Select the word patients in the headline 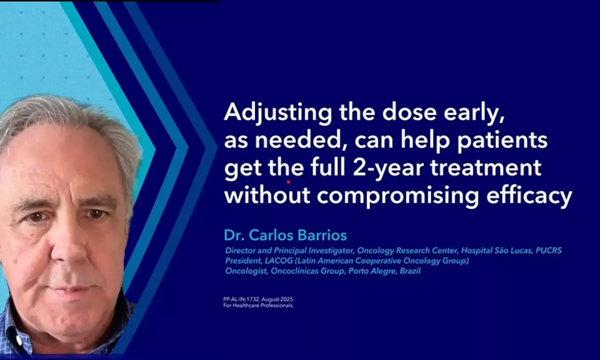(x=502, y=141)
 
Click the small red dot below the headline (x=288, y=182)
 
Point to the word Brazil (x=410, y=271)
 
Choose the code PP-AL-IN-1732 (x=241, y=300)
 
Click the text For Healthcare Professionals (x=258, y=305)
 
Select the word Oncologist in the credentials (x=246, y=271)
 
